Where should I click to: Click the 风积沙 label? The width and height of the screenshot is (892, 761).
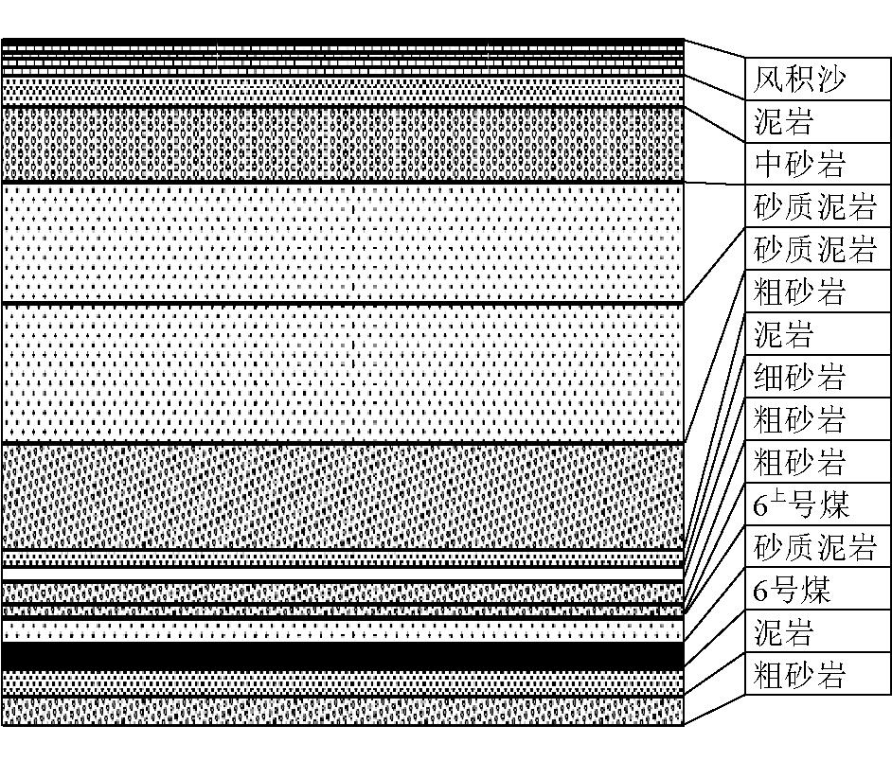798,80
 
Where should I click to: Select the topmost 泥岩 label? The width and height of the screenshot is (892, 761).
783,122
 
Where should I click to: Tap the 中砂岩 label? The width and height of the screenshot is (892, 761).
798,164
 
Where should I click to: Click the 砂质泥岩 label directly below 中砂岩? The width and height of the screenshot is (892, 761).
814,206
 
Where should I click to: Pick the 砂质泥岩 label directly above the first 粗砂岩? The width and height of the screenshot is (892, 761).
814,249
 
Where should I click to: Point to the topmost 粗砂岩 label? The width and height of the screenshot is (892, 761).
798,292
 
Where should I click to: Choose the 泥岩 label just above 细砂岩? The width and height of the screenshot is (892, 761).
783,334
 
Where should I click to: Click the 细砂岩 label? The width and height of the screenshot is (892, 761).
798,377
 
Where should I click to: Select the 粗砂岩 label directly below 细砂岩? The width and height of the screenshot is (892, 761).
798,419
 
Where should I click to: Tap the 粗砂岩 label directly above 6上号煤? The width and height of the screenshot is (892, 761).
798,461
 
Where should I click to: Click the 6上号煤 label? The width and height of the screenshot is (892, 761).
801,504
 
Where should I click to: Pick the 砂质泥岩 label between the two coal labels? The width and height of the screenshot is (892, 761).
814,546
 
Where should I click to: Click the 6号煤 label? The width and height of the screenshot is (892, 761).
792,590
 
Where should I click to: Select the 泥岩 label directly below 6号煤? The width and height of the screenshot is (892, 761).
783,632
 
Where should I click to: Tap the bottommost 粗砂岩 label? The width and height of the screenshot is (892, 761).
798,675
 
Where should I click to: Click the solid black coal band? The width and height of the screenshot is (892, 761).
343,656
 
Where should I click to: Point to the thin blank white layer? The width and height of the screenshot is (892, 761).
343,574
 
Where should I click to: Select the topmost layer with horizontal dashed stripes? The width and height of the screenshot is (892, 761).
343,57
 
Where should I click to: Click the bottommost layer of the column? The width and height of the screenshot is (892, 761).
343,711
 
